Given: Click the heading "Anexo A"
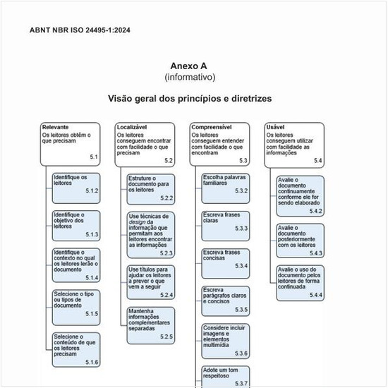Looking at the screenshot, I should [190, 66].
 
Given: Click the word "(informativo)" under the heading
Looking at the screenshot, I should [190, 77].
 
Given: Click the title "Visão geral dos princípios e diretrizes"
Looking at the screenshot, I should [190, 99].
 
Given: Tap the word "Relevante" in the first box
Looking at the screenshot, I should [56, 128].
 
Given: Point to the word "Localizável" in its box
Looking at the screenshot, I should [132, 128].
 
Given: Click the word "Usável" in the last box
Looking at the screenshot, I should [275, 128].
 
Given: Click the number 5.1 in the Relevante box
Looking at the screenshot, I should [93, 156].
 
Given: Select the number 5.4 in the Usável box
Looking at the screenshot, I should [318, 161].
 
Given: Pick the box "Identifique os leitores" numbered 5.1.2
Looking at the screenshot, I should [75, 184].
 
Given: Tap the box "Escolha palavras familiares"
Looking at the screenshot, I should [225, 183].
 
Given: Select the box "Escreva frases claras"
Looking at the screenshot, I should [225, 222].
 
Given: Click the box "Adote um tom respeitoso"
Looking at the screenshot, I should [225, 375].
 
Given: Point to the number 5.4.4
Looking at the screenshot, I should [315, 295].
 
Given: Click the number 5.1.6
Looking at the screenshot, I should [92, 362].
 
